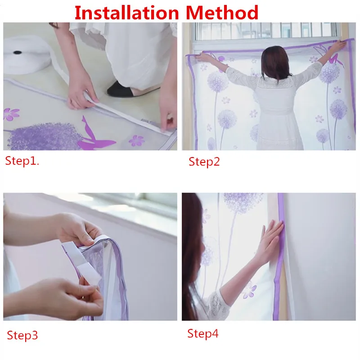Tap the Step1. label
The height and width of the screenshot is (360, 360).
(x=22, y=161)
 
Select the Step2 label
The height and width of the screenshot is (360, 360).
(x=204, y=162)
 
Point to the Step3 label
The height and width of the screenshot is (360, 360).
(x=22, y=335)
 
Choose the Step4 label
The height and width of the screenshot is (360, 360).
(x=202, y=334)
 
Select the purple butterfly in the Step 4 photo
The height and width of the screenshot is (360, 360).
(x=250, y=290)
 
